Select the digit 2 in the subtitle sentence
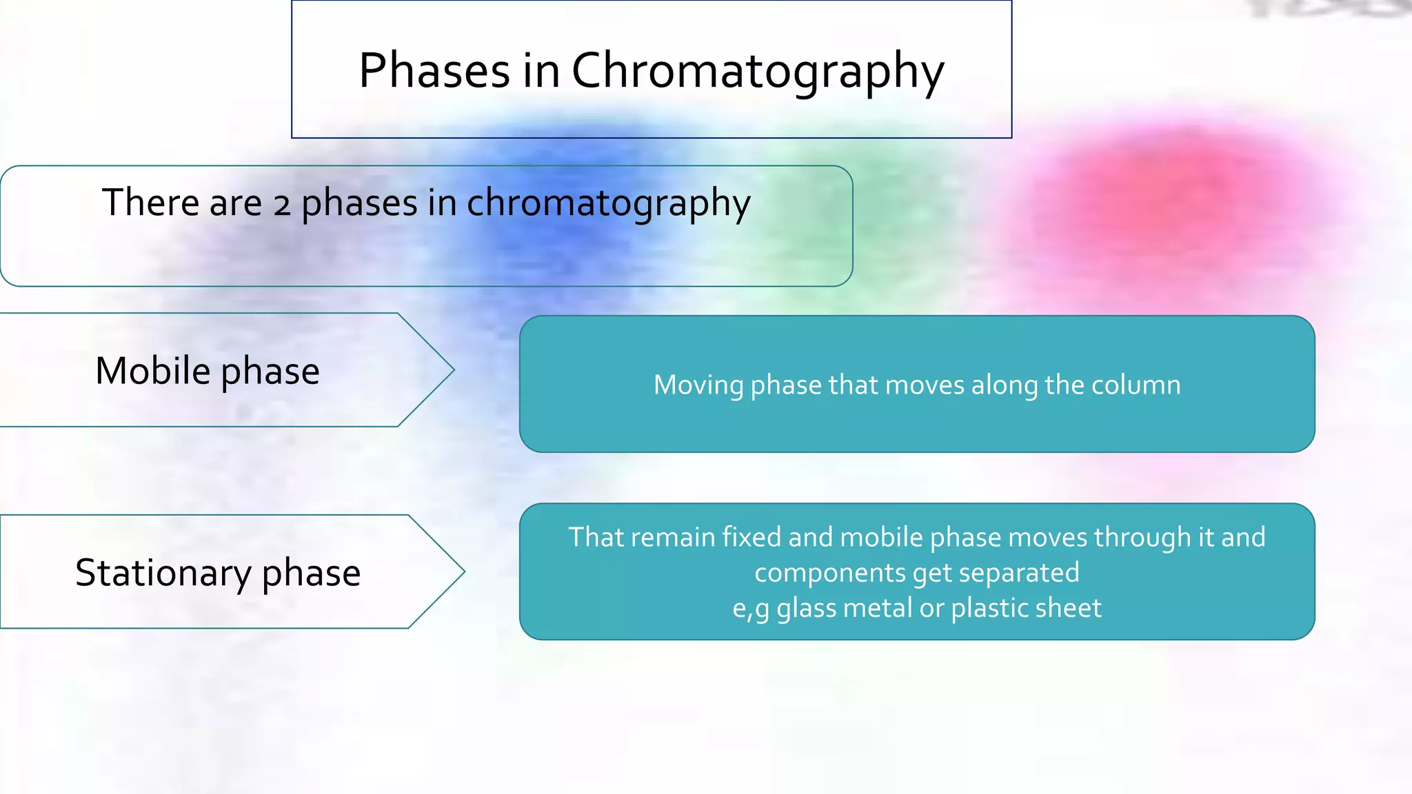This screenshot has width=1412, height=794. coord(281,205)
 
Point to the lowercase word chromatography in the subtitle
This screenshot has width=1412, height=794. coord(608,205)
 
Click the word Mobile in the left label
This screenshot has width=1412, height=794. coord(152,371)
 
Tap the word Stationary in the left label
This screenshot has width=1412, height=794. coord(163,573)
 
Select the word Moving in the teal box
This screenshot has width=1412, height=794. coord(698,385)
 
